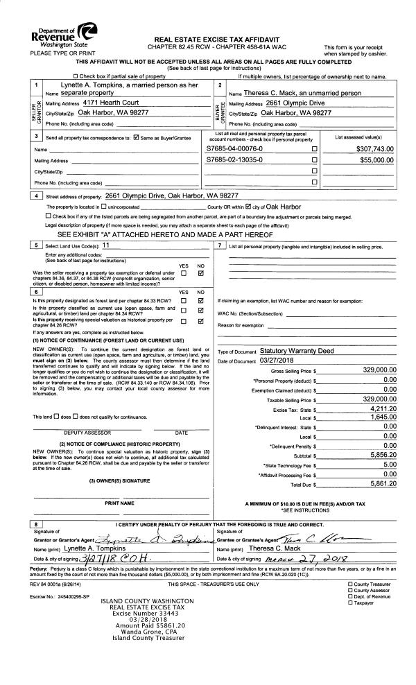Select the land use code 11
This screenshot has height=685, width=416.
[x=106, y=245]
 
